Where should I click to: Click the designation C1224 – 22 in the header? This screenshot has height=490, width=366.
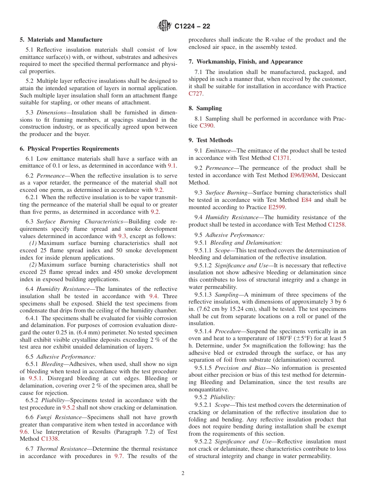[192, 27]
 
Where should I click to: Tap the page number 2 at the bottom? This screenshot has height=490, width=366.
[183, 473]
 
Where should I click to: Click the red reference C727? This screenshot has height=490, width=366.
[195, 94]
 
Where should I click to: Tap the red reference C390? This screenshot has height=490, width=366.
[207, 126]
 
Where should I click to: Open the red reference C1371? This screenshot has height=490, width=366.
[281, 158]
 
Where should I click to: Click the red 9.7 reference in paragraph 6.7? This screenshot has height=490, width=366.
[119, 456]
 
